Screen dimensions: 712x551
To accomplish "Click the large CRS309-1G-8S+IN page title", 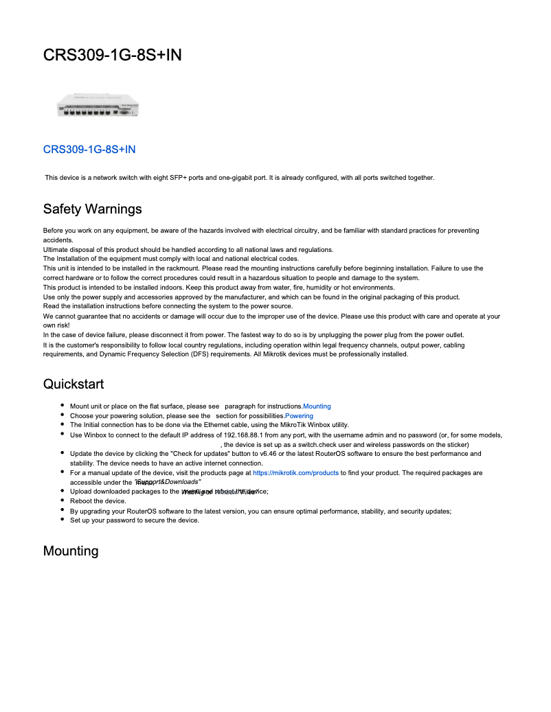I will [x=112, y=55].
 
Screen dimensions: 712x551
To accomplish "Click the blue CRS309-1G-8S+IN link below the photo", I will [x=89, y=149].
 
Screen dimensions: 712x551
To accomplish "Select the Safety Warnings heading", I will [x=92, y=208].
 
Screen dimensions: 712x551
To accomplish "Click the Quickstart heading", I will [x=74, y=383].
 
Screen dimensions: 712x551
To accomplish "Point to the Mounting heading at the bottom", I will [x=71, y=551].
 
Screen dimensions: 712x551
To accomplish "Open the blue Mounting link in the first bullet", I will [x=317, y=406].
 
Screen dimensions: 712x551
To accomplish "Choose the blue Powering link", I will [x=299, y=416].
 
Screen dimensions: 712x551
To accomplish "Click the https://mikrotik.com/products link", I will [x=295, y=473].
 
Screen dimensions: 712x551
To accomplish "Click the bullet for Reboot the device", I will [x=63, y=501].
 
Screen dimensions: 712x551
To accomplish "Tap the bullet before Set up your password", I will [x=63, y=520].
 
